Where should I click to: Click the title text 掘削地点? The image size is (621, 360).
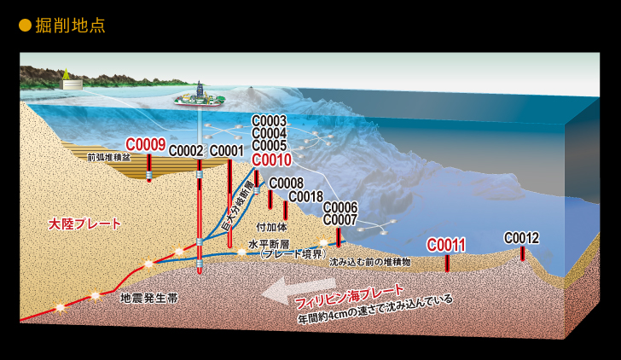[x=70, y=26]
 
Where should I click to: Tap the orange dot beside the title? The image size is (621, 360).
[x=25, y=26]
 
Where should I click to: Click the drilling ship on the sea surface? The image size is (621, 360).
[x=200, y=97]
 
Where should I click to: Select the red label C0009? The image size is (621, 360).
[x=145, y=145]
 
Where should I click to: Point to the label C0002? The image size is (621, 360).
[x=186, y=150]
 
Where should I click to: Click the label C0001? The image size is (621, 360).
[x=227, y=150]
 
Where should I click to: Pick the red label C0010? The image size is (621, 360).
[x=271, y=160]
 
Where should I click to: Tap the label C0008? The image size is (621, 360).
[x=287, y=183]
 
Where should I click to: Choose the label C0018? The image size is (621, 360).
[x=305, y=196]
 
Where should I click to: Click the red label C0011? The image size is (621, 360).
[x=446, y=245]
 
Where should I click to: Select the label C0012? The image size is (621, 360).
[x=521, y=238]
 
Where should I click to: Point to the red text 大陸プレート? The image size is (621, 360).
[x=84, y=224]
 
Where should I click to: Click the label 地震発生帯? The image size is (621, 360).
[x=149, y=299]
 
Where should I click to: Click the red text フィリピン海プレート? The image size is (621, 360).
[x=350, y=297]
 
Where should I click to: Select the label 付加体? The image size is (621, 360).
[x=271, y=227]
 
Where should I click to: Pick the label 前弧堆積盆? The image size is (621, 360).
[x=108, y=157]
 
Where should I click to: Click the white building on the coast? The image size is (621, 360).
[x=72, y=84]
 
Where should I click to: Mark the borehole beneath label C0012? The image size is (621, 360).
[x=522, y=253]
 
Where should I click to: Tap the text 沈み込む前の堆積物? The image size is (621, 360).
[x=370, y=262]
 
